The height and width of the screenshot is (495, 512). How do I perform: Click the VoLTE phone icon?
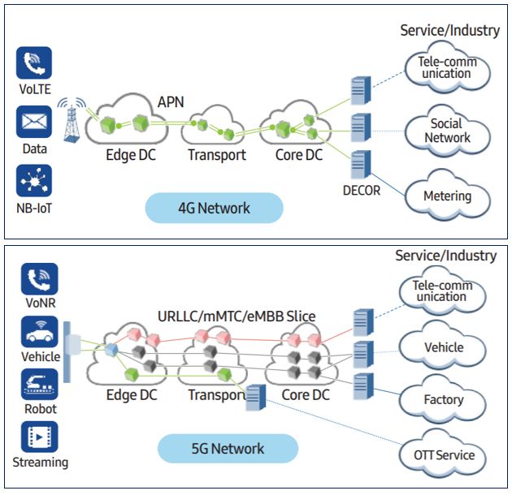pyautogui.click(x=33, y=62)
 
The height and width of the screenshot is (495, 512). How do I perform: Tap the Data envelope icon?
pyautogui.click(x=33, y=123)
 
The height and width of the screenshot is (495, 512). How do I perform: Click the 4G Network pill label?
pyautogui.click(x=214, y=209)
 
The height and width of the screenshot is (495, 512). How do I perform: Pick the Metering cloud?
pyautogui.click(x=447, y=196)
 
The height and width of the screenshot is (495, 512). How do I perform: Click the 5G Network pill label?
pyautogui.click(x=228, y=448)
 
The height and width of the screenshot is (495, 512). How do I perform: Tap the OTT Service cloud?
pyautogui.click(x=443, y=455)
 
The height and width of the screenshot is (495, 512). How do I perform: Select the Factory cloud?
pyautogui.click(x=444, y=399)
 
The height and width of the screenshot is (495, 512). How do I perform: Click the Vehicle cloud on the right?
pyautogui.click(x=444, y=347)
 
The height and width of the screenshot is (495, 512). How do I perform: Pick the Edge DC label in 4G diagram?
pyautogui.click(x=131, y=154)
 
